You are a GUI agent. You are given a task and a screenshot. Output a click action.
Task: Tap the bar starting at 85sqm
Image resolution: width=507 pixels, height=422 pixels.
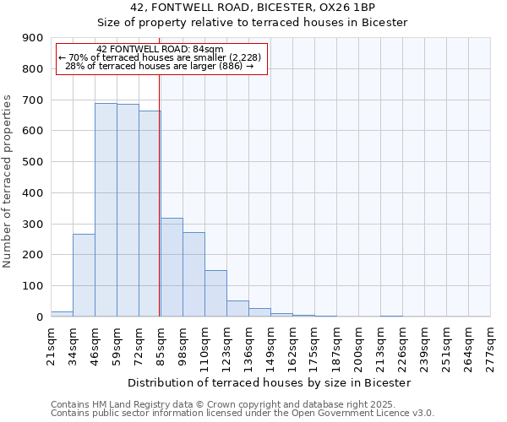pyautogui.click(x=172, y=267)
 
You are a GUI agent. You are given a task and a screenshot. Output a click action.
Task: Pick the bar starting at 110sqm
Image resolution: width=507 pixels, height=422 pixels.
pyautogui.click(x=215, y=293)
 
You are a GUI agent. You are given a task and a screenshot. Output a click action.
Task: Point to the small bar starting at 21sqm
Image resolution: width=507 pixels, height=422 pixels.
pyautogui.click(x=62, y=314)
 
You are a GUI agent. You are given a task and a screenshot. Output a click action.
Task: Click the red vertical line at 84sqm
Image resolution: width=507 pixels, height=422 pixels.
pyautogui.click(x=160, y=194)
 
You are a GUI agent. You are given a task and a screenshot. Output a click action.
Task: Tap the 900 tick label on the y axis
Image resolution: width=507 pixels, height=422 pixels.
pyautogui.click(x=33, y=38)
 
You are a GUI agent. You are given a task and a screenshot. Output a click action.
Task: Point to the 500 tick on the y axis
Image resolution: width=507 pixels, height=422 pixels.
pyautogui.click(x=33, y=162)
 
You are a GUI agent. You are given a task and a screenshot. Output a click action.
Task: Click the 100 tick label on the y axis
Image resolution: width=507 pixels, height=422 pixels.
pyautogui.click(x=33, y=286)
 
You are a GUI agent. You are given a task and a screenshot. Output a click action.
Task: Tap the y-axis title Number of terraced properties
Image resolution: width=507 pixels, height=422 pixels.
pyautogui.click(x=8, y=181)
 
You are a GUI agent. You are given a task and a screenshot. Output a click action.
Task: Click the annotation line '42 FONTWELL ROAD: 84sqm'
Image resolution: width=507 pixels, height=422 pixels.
pyautogui.click(x=161, y=49)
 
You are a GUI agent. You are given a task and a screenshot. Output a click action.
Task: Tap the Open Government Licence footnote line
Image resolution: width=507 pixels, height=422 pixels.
pyautogui.click(x=243, y=414)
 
